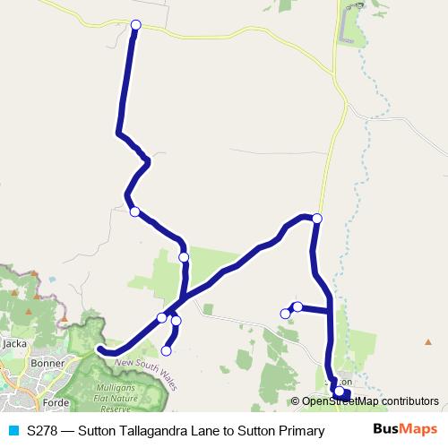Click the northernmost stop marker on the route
tap(136, 25)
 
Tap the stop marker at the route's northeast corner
tap(317, 219)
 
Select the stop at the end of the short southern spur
tap(167, 350)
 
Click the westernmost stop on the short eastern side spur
tap(286, 314)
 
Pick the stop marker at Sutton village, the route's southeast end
tap(339, 392)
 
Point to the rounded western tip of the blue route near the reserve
tap(101, 349)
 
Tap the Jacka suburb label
tap(14, 342)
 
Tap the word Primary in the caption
tap(301, 430)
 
